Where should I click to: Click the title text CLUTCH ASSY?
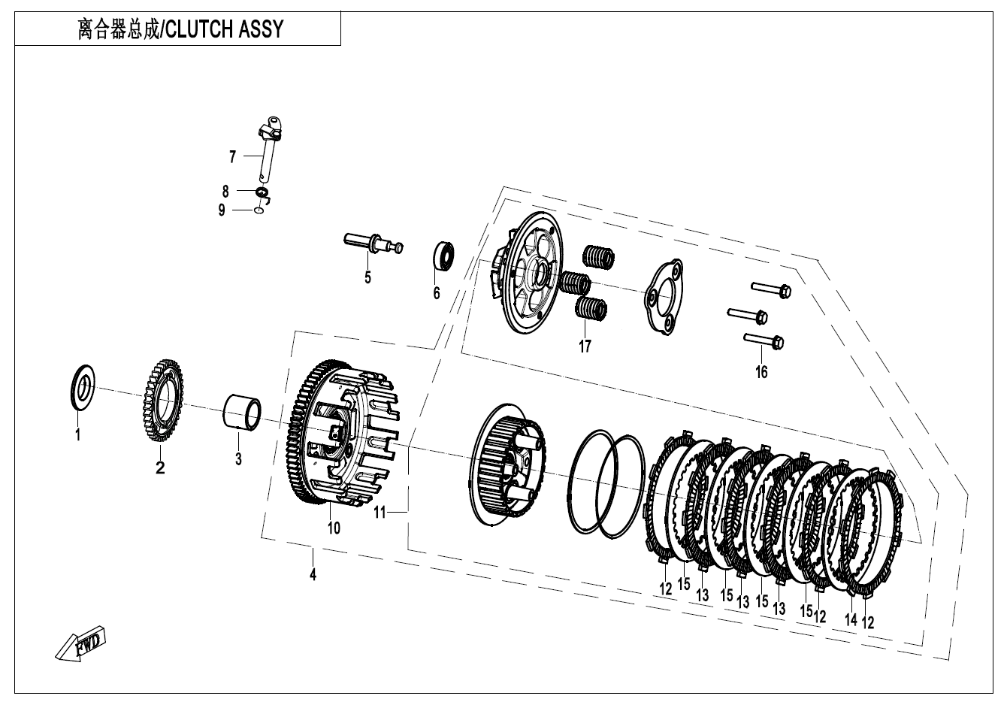pyautogui.click(x=224, y=29)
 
